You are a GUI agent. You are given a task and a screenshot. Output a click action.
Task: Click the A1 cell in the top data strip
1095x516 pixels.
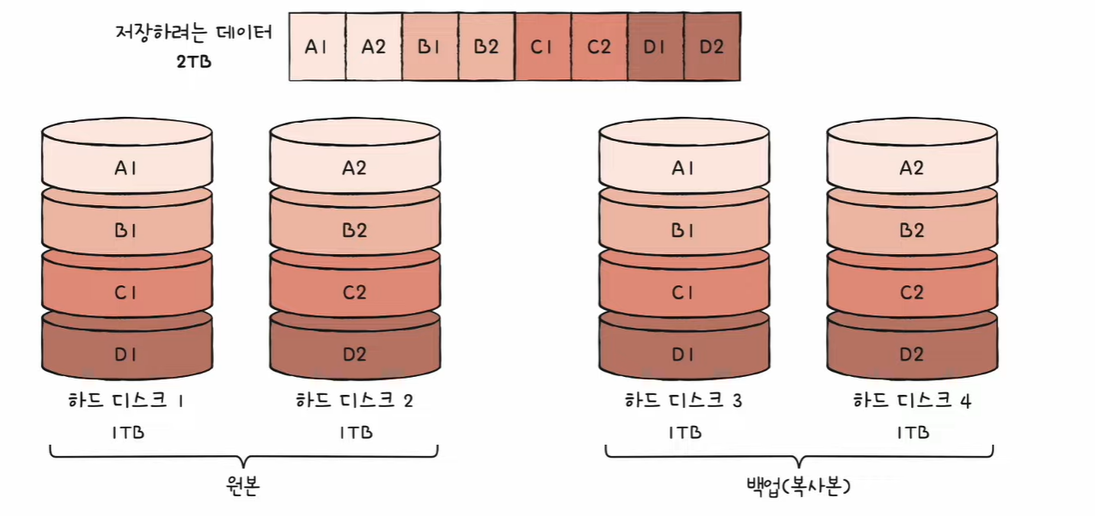click(317, 47)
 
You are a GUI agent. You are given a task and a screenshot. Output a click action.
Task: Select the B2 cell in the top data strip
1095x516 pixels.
click(486, 47)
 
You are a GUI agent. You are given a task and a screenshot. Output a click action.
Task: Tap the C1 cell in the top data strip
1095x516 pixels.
click(542, 47)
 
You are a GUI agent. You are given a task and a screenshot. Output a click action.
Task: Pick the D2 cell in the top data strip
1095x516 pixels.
click(712, 47)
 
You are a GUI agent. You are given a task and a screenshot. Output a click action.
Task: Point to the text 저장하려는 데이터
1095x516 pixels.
click(193, 34)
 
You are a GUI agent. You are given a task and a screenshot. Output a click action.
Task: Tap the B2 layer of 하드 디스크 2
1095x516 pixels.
click(354, 230)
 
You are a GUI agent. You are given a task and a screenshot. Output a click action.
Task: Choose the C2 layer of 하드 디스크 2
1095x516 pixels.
click(354, 293)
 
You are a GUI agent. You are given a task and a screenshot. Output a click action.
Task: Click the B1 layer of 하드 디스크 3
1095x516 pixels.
click(683, 230)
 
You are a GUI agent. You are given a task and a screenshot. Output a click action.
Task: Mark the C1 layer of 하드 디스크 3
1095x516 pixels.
click(683, 293)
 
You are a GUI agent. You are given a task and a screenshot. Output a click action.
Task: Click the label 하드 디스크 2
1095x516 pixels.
click(354, 401)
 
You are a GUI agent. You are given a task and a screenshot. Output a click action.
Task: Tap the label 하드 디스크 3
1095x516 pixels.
click(683, 401)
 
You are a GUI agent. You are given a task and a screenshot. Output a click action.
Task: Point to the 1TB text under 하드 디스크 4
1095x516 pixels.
click(911, 432)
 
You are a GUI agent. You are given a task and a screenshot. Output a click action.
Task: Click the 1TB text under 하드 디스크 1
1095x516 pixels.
click(126, 432)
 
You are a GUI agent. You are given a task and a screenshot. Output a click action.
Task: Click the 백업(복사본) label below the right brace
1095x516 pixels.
click(798, 488)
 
